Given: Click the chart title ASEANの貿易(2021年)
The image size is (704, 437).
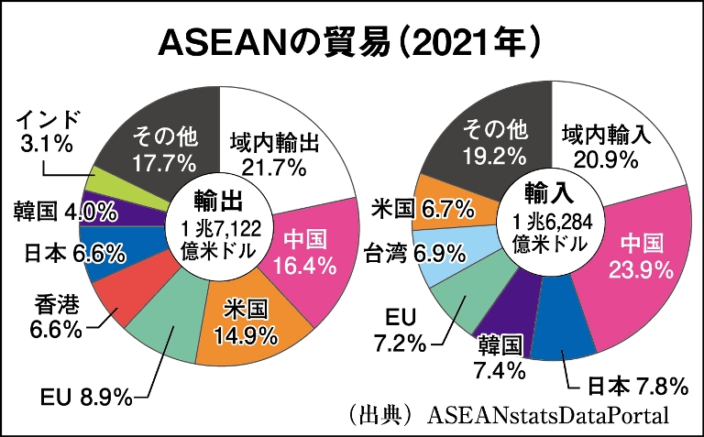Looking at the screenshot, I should (353, 42).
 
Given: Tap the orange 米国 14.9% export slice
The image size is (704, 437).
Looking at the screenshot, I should (246, 323).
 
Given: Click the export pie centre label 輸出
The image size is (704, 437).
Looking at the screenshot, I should (218, 199).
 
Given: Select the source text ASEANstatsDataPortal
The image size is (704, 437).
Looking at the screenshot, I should (548, 414).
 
